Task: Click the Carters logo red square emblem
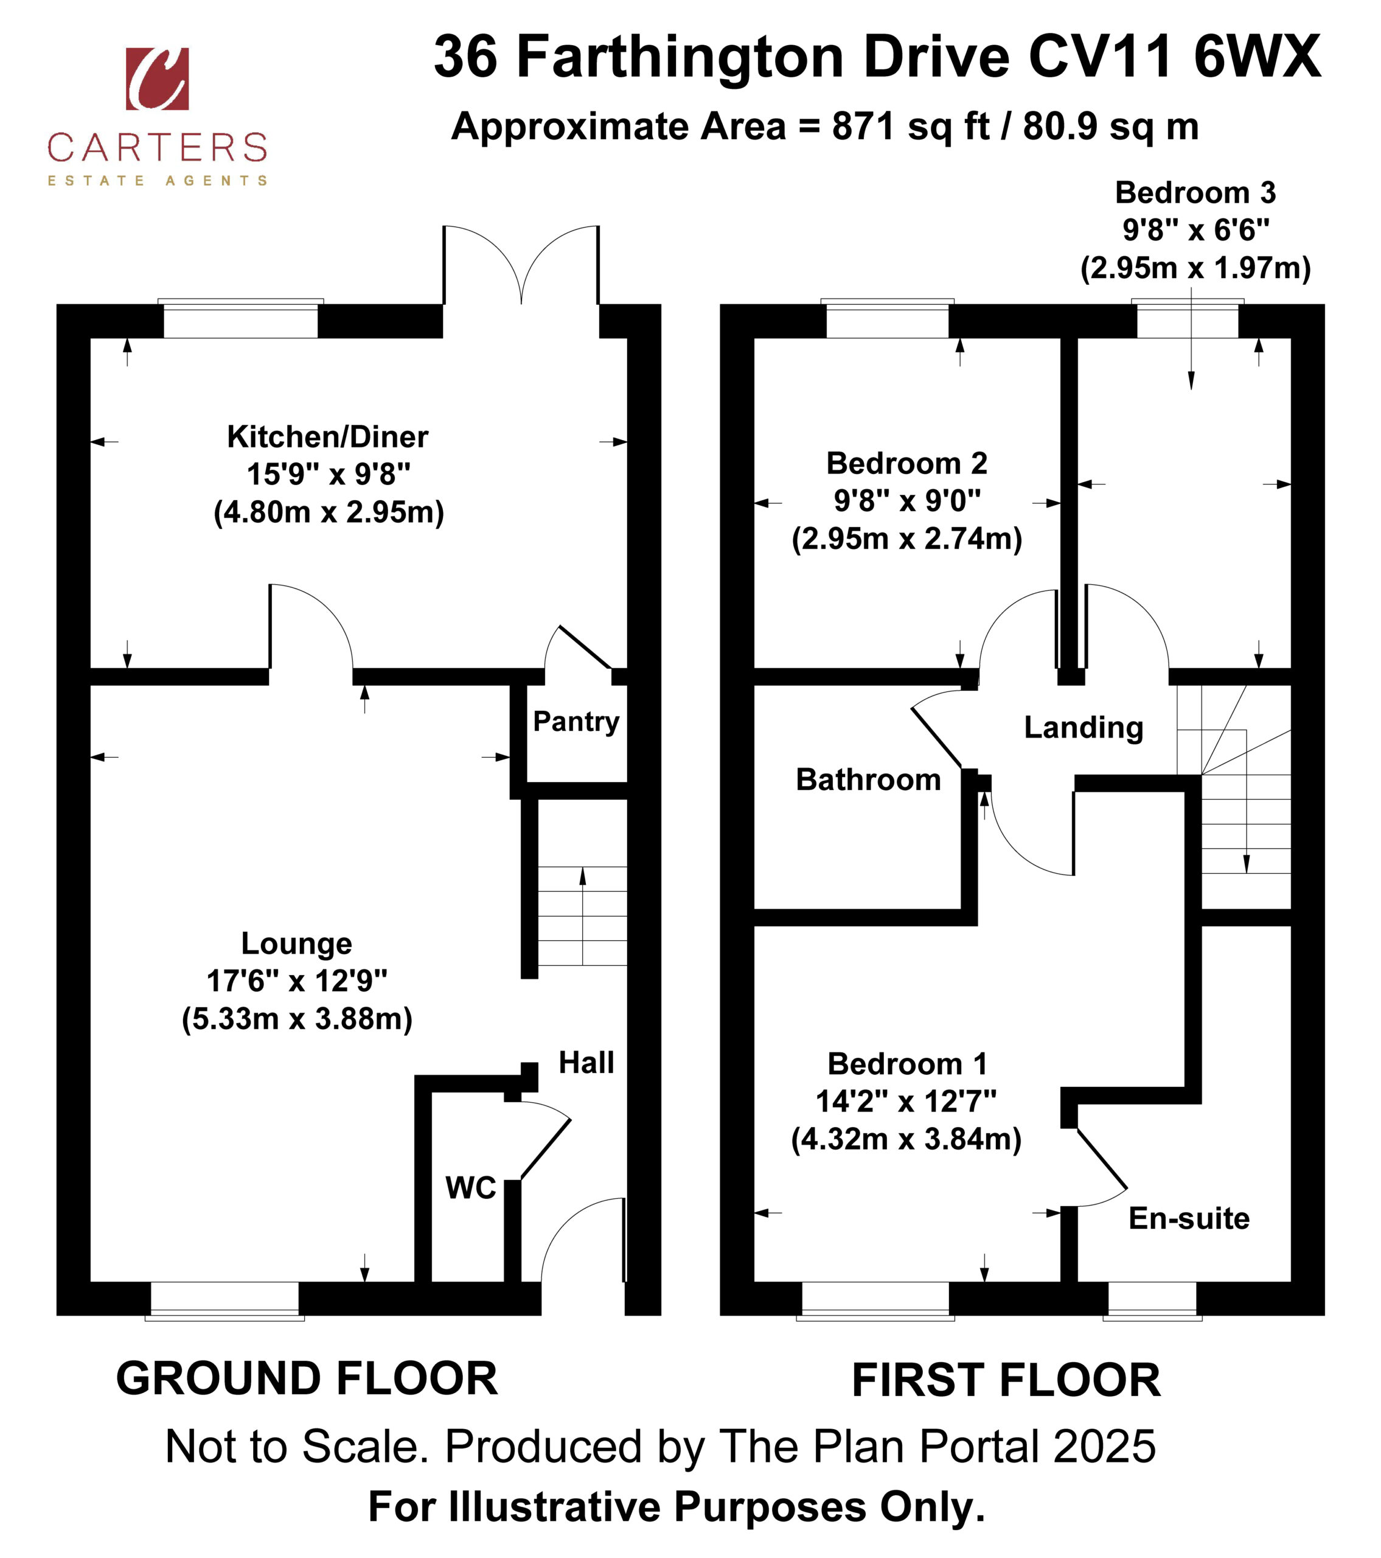click(157, 79)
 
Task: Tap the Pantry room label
click(576, 721)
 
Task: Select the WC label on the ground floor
click(470, 1187)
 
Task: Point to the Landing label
click(1083, 728)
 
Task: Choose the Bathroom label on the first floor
click(868, 779)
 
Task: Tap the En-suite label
click(1189, 1218)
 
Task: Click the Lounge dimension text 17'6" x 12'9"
click(297, 980)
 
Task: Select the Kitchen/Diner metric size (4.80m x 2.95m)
click(329, 511)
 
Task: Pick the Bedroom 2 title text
click(907, 463)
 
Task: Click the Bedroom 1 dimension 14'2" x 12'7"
click(906, 1101)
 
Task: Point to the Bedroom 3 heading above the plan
click(1195, 192)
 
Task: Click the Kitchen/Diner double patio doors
click(521, 263)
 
